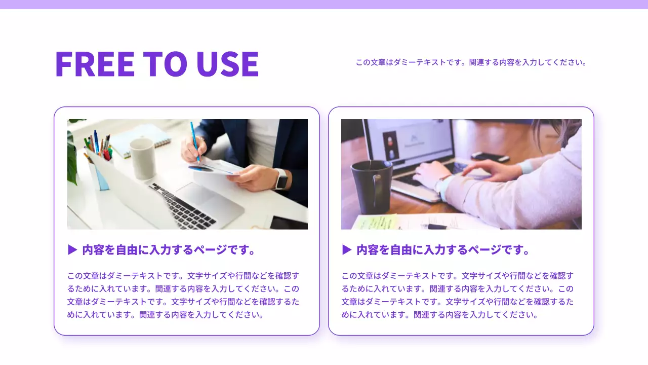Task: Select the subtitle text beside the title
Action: [x=471, y=63]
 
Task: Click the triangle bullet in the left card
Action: [x=72, y=249]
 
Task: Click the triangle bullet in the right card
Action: [x=347, y=249]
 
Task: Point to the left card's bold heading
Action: [x=168, y=250]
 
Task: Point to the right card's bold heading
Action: [x=442, y=250]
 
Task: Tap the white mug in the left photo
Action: [x=142, y=158]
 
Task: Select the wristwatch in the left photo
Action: [x=281, y=179]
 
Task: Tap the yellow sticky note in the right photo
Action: [x=375, y=222]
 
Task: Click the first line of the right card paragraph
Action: [x=458, y=276]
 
